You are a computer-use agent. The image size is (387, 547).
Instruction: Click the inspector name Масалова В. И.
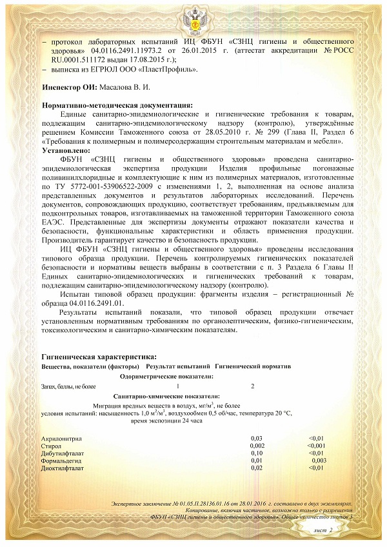pos(125,86)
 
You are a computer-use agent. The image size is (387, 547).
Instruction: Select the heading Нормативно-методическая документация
pos(116,104)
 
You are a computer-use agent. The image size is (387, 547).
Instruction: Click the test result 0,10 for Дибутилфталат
pos(256,453)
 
